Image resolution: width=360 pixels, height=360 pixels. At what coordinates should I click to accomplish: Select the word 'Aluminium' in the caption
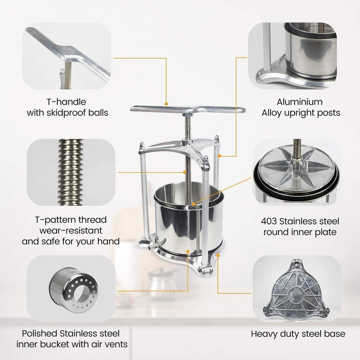tap(300, 102)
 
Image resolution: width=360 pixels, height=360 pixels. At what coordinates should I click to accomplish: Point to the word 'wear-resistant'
tap(71, 231)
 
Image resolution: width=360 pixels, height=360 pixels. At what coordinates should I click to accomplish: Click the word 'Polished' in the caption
tap(37, 333)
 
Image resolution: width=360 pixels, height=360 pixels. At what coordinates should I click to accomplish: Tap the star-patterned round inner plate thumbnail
tap(296, 172)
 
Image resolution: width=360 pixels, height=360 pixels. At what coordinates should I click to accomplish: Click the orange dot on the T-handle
tap(167, 104)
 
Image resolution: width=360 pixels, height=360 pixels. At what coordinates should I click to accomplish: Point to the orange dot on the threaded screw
tap(186, 172)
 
